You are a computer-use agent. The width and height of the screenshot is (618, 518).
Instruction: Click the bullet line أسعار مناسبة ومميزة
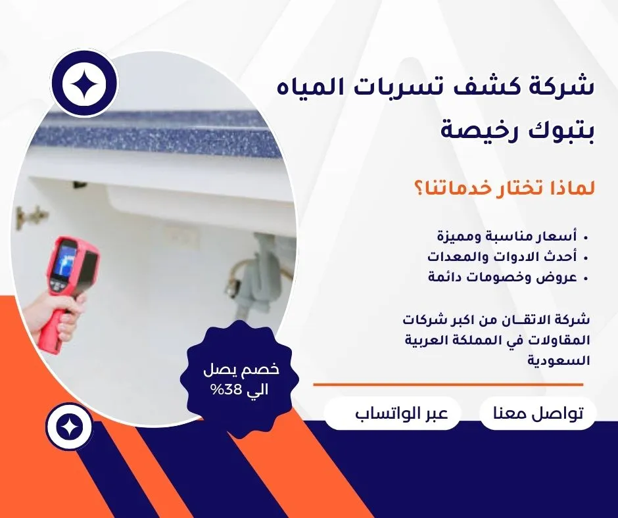pyautogui.click(x=508, y=237)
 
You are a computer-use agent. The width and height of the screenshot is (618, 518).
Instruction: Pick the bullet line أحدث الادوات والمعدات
pyautogui.click(x=502, y=256)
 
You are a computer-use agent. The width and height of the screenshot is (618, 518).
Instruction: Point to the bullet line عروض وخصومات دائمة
pyautogui.click(x=502, y=277)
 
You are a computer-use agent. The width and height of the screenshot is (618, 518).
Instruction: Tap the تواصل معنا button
pyautogui.click(x=538, y=413)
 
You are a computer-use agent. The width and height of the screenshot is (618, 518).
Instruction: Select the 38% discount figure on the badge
pyautogui.click(x=223, y=390)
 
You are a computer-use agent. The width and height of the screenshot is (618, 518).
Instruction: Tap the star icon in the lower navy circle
pyautogui.click(x=69, y=427)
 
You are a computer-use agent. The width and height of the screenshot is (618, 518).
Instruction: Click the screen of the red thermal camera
pyautogui.click(x=65, y=260)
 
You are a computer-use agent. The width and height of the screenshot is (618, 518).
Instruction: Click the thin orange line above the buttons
pyautogui.click(x=448, y=385)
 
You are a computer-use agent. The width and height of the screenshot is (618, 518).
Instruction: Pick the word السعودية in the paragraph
pyautogui.click(x=559, y=360)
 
